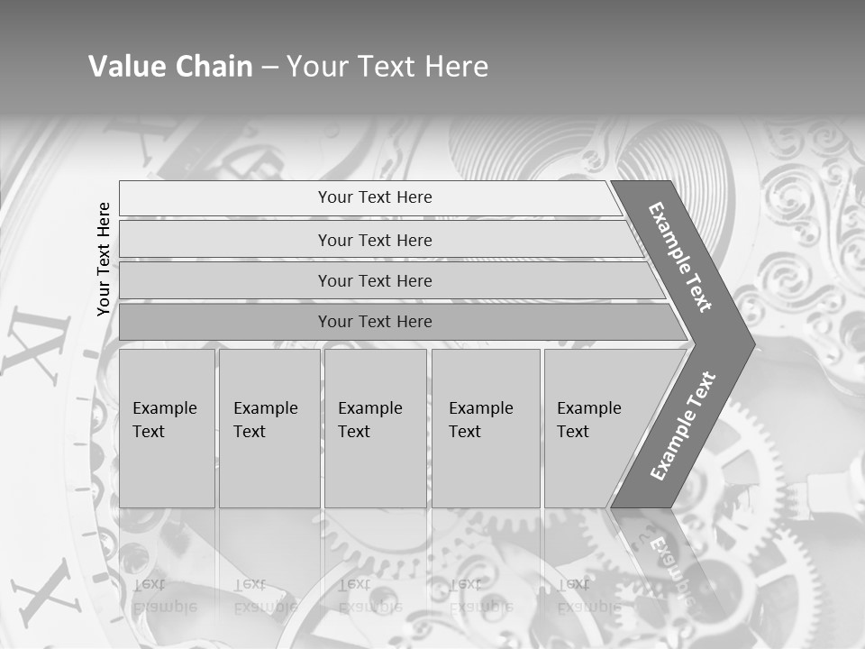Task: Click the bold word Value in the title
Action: pyautogui.click(x=125, y=67)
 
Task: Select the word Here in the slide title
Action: pyautogui.click(x=456, y=67)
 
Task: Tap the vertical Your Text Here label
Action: pyautogui.click(x=104, y=259)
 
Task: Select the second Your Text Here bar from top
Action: pyautogui.click(x=374, y=240)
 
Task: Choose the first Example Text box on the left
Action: pyautogui.click(x=167, y=427)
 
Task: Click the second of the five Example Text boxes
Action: pyautogui.click(x=269, y=427)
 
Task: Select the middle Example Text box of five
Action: pyautogui.click(x=375, y=427)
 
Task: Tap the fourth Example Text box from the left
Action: pyautogui.click(x=485, y=427)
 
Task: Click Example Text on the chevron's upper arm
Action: pyautogui.click(x=679, y=257)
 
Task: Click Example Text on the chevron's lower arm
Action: pyautogui.click(x=682, y=425)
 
